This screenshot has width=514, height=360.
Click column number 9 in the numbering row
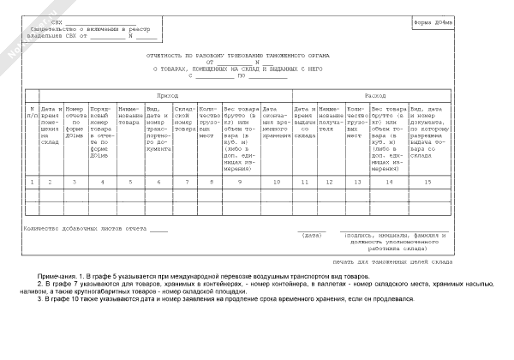241,183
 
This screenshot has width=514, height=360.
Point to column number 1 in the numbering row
31,183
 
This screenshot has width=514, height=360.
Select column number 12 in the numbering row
332,183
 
